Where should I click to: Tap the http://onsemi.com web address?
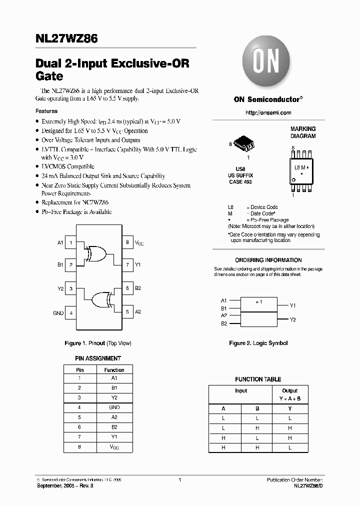268,113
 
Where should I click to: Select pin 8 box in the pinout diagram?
127,242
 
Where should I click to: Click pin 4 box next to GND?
71,312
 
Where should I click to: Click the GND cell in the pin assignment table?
114,407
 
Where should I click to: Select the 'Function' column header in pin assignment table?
114,370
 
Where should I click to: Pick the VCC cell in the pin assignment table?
114,447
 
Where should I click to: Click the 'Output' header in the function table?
289,390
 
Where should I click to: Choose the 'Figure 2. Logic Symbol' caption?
258,343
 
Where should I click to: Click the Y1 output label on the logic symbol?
293,305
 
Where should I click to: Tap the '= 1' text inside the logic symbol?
258,302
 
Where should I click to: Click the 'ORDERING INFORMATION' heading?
268,260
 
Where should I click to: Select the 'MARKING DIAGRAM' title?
303,132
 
